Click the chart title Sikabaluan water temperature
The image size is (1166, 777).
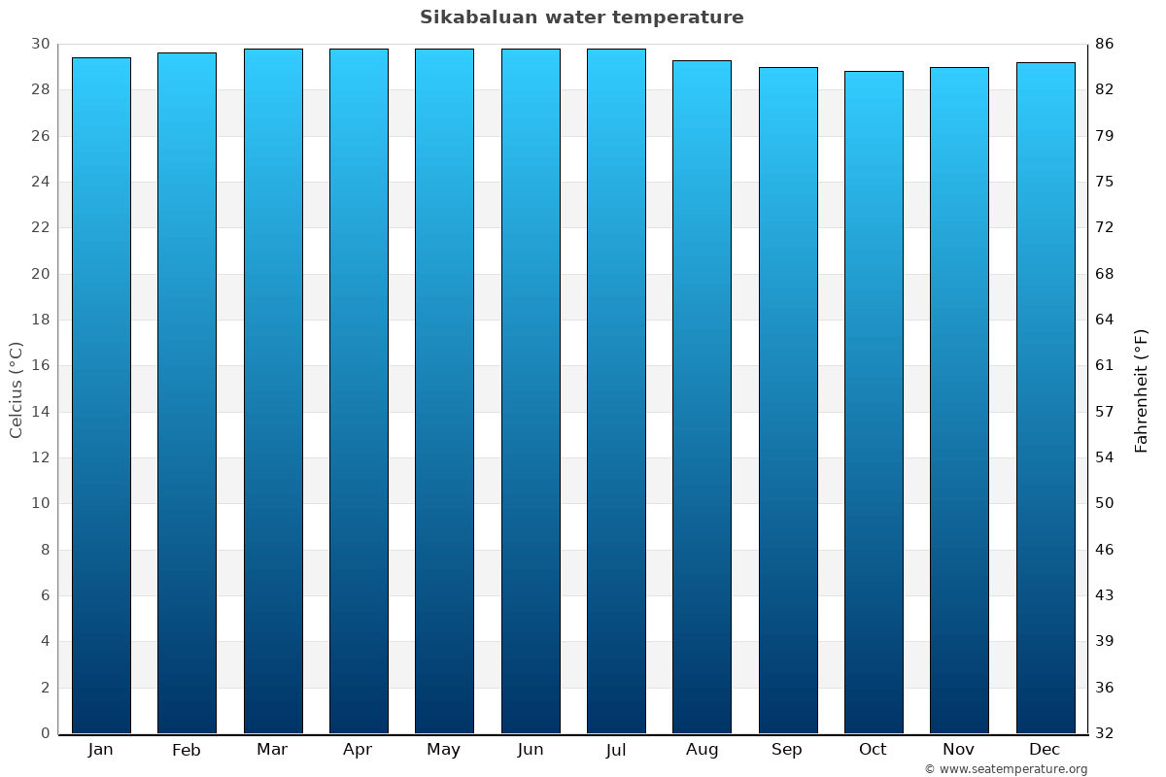point(581,17)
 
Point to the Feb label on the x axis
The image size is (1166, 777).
point(186,750)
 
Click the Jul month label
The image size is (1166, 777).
point(615,750)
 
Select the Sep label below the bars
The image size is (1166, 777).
point(787,750)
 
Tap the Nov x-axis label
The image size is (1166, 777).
point(958,750)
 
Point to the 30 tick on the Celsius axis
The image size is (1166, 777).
point(40,44)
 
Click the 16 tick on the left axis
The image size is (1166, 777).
point(40,366)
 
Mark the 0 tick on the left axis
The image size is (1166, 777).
point(45,733)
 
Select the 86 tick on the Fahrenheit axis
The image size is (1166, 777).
point(1105,44)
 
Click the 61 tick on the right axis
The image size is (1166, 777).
point(1105,366)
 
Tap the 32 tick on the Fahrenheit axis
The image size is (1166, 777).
point(1105,733)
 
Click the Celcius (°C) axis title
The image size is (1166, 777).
point(16,388)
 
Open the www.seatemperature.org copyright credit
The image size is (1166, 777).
point(1006,769)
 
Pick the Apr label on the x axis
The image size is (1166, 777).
point(358,750)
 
